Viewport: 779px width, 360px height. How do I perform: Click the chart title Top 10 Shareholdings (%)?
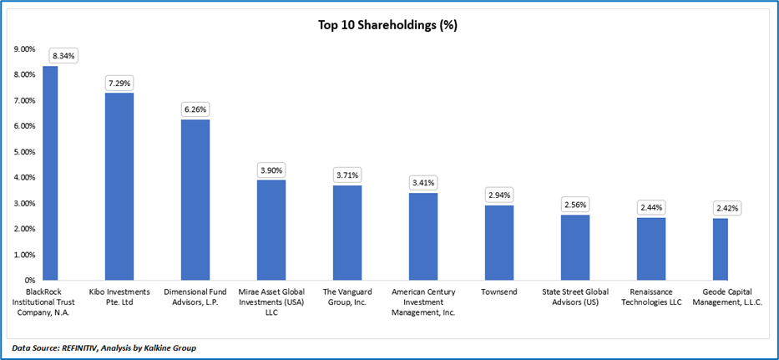[x=387, y=24]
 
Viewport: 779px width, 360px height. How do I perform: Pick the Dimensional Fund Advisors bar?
[x=195, y=200]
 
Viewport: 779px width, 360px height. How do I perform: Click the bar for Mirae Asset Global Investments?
[x=271, y=230]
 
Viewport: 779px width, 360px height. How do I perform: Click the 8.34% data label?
[x=63, y=56]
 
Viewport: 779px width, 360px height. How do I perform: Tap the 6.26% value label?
[x=196, y=109]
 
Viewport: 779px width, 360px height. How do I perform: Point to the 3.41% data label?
[x=423, y=182]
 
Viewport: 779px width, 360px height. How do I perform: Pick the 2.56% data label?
[x=575, y=204]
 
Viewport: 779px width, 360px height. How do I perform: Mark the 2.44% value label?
[x=651, y=207]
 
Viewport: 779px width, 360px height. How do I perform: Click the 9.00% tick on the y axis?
[x=25, y=49]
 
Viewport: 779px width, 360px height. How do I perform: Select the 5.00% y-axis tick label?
[x=25, y=152]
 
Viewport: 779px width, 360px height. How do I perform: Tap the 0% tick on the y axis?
[x=29, y=280]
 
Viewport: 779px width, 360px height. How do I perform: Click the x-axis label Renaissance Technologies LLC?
[x=651, y=297]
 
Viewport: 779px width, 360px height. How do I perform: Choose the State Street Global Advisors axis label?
[x=575, y=297]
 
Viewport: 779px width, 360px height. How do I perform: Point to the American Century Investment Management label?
[x=423, y=302]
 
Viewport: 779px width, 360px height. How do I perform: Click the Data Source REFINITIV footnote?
[x=104, y=347]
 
